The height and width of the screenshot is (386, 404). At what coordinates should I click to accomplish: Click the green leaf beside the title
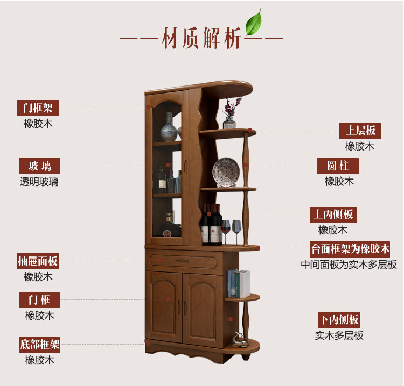coord(253,22)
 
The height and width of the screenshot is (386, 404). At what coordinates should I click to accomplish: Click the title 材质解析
coord(201,40)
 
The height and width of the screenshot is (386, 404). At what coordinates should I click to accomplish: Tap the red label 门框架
coord(38,108)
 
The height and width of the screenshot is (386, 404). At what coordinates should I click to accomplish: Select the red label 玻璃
coord(40,166)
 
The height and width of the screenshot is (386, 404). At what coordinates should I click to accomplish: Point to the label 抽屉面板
coord(38,262)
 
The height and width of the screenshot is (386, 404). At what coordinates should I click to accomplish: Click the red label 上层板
coord(360,131)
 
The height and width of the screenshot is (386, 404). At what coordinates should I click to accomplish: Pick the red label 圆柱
coord(338,166)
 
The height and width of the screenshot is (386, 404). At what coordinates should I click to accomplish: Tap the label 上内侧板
coord(333,215)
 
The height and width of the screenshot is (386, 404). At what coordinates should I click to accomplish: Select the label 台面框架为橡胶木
coord(350,249)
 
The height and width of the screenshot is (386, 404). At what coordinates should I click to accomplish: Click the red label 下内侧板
coord(338,320)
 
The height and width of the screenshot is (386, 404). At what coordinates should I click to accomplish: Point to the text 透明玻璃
coord(39,182)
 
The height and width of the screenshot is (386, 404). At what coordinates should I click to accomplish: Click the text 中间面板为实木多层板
coord(349,265)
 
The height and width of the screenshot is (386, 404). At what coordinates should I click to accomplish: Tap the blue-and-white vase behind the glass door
coord(170,128)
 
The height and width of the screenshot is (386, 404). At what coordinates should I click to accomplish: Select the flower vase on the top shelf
coord(230,115)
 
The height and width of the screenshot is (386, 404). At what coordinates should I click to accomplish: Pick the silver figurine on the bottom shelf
coord(238,339)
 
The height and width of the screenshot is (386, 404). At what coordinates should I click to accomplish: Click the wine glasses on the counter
coord(231,232)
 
